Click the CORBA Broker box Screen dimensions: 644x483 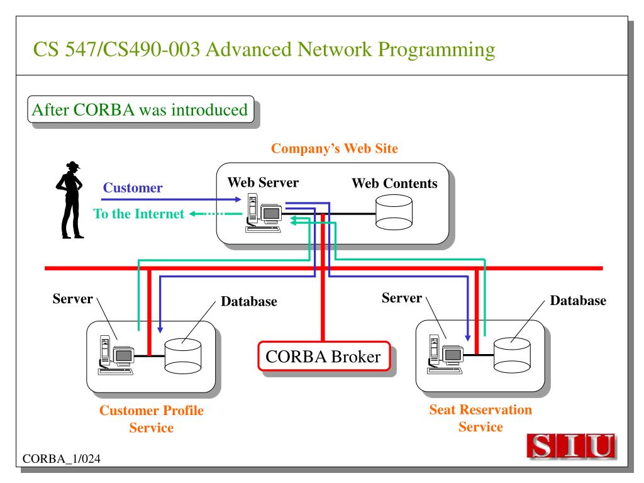click(324, 356)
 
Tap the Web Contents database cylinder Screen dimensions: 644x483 click(394, 213)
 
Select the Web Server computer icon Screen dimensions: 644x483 click(264, 214)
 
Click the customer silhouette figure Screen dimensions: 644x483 click(70, 200)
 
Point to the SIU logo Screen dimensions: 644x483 click(572, 446)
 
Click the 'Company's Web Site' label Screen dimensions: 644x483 click(335, 148)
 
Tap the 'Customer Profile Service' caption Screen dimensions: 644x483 click(152, 419)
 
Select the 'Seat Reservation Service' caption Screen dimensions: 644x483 click(480, 418)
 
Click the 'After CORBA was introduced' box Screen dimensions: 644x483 click(140, 109)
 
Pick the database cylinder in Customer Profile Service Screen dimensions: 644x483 click(183, 356)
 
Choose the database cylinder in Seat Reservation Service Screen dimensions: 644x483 click(512, 355)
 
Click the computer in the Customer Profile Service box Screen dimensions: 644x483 click(116, 355)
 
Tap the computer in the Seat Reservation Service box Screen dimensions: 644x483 click(445, 355)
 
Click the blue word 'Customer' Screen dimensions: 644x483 click(133, 187)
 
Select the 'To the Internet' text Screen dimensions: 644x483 click(139, 214)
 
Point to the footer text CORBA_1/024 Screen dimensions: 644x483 click(61, 458)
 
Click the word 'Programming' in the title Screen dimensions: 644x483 click(436, 50)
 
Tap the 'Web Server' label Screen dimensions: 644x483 click(263, 182)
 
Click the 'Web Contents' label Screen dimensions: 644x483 click(395, 183)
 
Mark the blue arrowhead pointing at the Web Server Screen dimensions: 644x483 click(238, 199)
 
